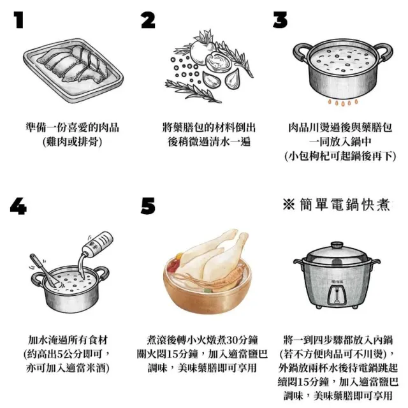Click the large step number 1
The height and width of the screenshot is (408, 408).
click(18, 20)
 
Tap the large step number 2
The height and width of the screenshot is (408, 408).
click(148, 20)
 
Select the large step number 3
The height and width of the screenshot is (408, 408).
click(280, 20)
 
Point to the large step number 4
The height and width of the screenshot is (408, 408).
click(18, 206)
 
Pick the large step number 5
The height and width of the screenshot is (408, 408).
click(148, 206)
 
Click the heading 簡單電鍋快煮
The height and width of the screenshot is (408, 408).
click(345, 205)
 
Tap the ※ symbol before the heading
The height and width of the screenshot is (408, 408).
click(289, 205)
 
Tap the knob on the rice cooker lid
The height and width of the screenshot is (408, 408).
click(337, 245)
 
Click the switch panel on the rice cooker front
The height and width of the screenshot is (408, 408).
click(337, 295)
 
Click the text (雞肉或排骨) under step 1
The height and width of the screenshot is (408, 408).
click(72, 142)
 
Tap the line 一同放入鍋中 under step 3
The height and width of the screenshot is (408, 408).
click(340, 142)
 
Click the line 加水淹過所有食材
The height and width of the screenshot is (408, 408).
click(68, 340)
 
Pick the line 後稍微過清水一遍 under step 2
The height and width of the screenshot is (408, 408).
click(209, 142)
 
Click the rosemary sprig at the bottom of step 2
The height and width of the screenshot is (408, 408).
click(193, 92)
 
